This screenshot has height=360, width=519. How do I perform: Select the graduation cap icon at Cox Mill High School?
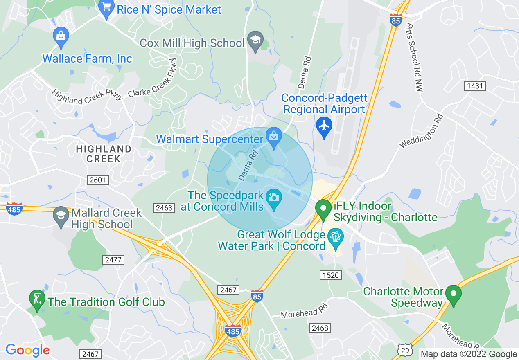coord(256,40)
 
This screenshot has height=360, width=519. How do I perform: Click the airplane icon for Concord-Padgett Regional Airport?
coord(324,125)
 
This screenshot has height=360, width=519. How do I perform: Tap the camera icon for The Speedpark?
coord(273,198)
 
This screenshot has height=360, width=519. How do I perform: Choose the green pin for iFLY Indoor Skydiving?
coord(323,209)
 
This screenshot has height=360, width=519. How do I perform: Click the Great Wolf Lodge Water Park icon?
coord(336,237)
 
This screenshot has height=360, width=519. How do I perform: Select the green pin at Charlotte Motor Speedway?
coord(453,294)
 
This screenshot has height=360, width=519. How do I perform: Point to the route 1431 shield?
coord(475,86)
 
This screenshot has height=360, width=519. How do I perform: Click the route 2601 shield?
coord(97,180)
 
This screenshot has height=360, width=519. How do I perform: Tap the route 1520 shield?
coord(330,275)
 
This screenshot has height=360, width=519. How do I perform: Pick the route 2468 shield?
coord(320,328)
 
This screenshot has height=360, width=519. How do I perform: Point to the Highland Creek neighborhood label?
coord(104,154)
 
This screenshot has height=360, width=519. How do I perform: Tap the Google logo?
coord(27,350)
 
